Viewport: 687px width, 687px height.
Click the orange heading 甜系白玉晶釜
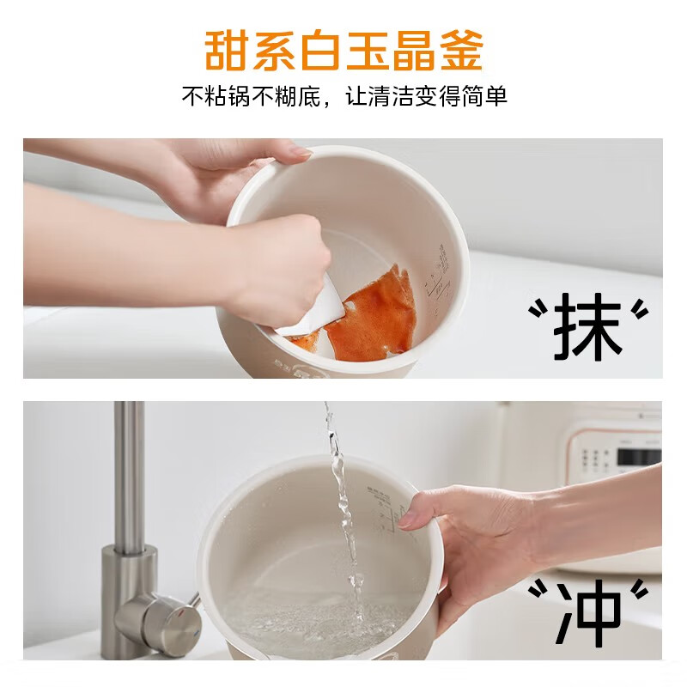click(x=343, y=50)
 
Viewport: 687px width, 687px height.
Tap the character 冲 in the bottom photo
click(x=588, y=612)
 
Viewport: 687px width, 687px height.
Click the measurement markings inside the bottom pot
click(x=386, y=507)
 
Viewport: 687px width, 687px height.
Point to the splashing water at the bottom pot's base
click(x=326, y=614)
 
